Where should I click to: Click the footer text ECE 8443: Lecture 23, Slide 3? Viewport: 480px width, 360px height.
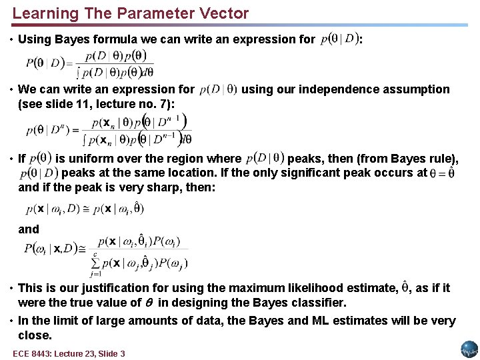point(69,353)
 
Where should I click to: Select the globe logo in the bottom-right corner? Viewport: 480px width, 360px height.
point(469,349)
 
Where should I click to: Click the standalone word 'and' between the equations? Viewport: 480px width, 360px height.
point(29,229)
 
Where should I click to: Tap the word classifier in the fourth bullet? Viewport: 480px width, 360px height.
point(317,303)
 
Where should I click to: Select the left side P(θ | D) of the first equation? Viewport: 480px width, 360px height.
point(45,63)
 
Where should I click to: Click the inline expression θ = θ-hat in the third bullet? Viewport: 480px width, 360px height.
point(443,173)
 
